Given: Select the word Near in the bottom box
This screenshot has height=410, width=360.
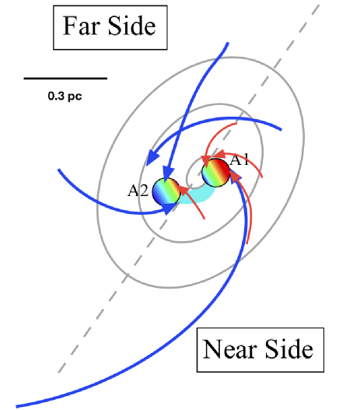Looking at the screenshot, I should click(x=232, y=349).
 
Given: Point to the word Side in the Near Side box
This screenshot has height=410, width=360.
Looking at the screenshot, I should click(x=288, y=349).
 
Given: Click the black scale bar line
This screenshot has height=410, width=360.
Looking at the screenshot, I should click(x=65, y=79).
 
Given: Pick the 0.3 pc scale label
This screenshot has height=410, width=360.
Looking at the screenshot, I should click(x=65, y=97).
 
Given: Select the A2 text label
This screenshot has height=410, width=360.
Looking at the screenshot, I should click(x=138, y=188).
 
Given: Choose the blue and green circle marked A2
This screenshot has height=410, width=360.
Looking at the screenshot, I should click(x=166, y=192).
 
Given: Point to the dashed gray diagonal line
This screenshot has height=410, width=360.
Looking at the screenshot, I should click(x=93, y=312).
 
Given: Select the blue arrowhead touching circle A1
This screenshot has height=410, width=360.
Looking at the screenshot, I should click(x=236, y=180).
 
